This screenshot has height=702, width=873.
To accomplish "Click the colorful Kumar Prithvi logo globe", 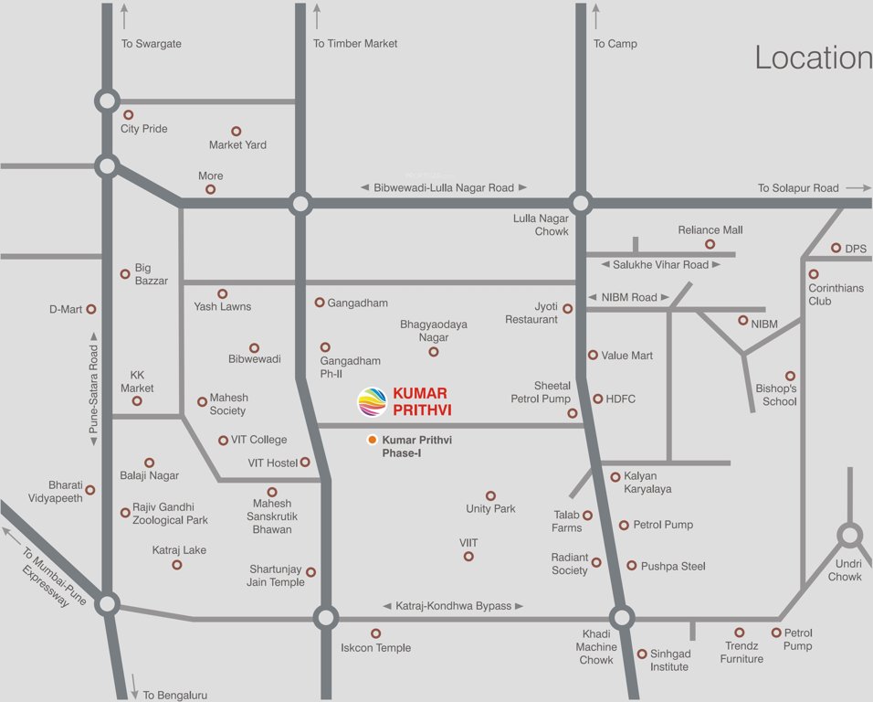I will tap(372, 402).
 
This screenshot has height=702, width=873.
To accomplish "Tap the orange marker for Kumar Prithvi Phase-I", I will tap(372, 441).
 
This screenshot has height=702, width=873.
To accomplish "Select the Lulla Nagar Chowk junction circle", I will tap(579, 203).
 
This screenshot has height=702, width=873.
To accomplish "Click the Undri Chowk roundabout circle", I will tap(849, 536).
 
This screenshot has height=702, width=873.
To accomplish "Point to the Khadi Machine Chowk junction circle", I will tap(622, 618).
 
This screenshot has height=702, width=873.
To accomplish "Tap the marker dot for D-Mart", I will tap(91, 310).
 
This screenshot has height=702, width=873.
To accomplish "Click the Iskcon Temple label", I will tap(375, 648).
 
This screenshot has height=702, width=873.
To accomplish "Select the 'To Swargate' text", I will tap(151, 44).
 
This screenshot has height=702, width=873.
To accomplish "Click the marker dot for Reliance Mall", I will tap(710, 244).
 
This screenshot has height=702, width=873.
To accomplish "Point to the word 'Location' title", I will tap(812, 58).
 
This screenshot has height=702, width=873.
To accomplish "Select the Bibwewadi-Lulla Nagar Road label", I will tap(443, 187).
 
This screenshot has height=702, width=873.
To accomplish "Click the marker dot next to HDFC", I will tap(598, 399).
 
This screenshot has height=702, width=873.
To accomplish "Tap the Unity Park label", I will tap(490, 509).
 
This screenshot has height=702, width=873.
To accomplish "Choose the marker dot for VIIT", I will tap(468, 556).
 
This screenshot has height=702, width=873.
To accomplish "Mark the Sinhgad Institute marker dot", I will tap(642, 654).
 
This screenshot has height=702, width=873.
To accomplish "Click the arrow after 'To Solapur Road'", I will tap(858, 187).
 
